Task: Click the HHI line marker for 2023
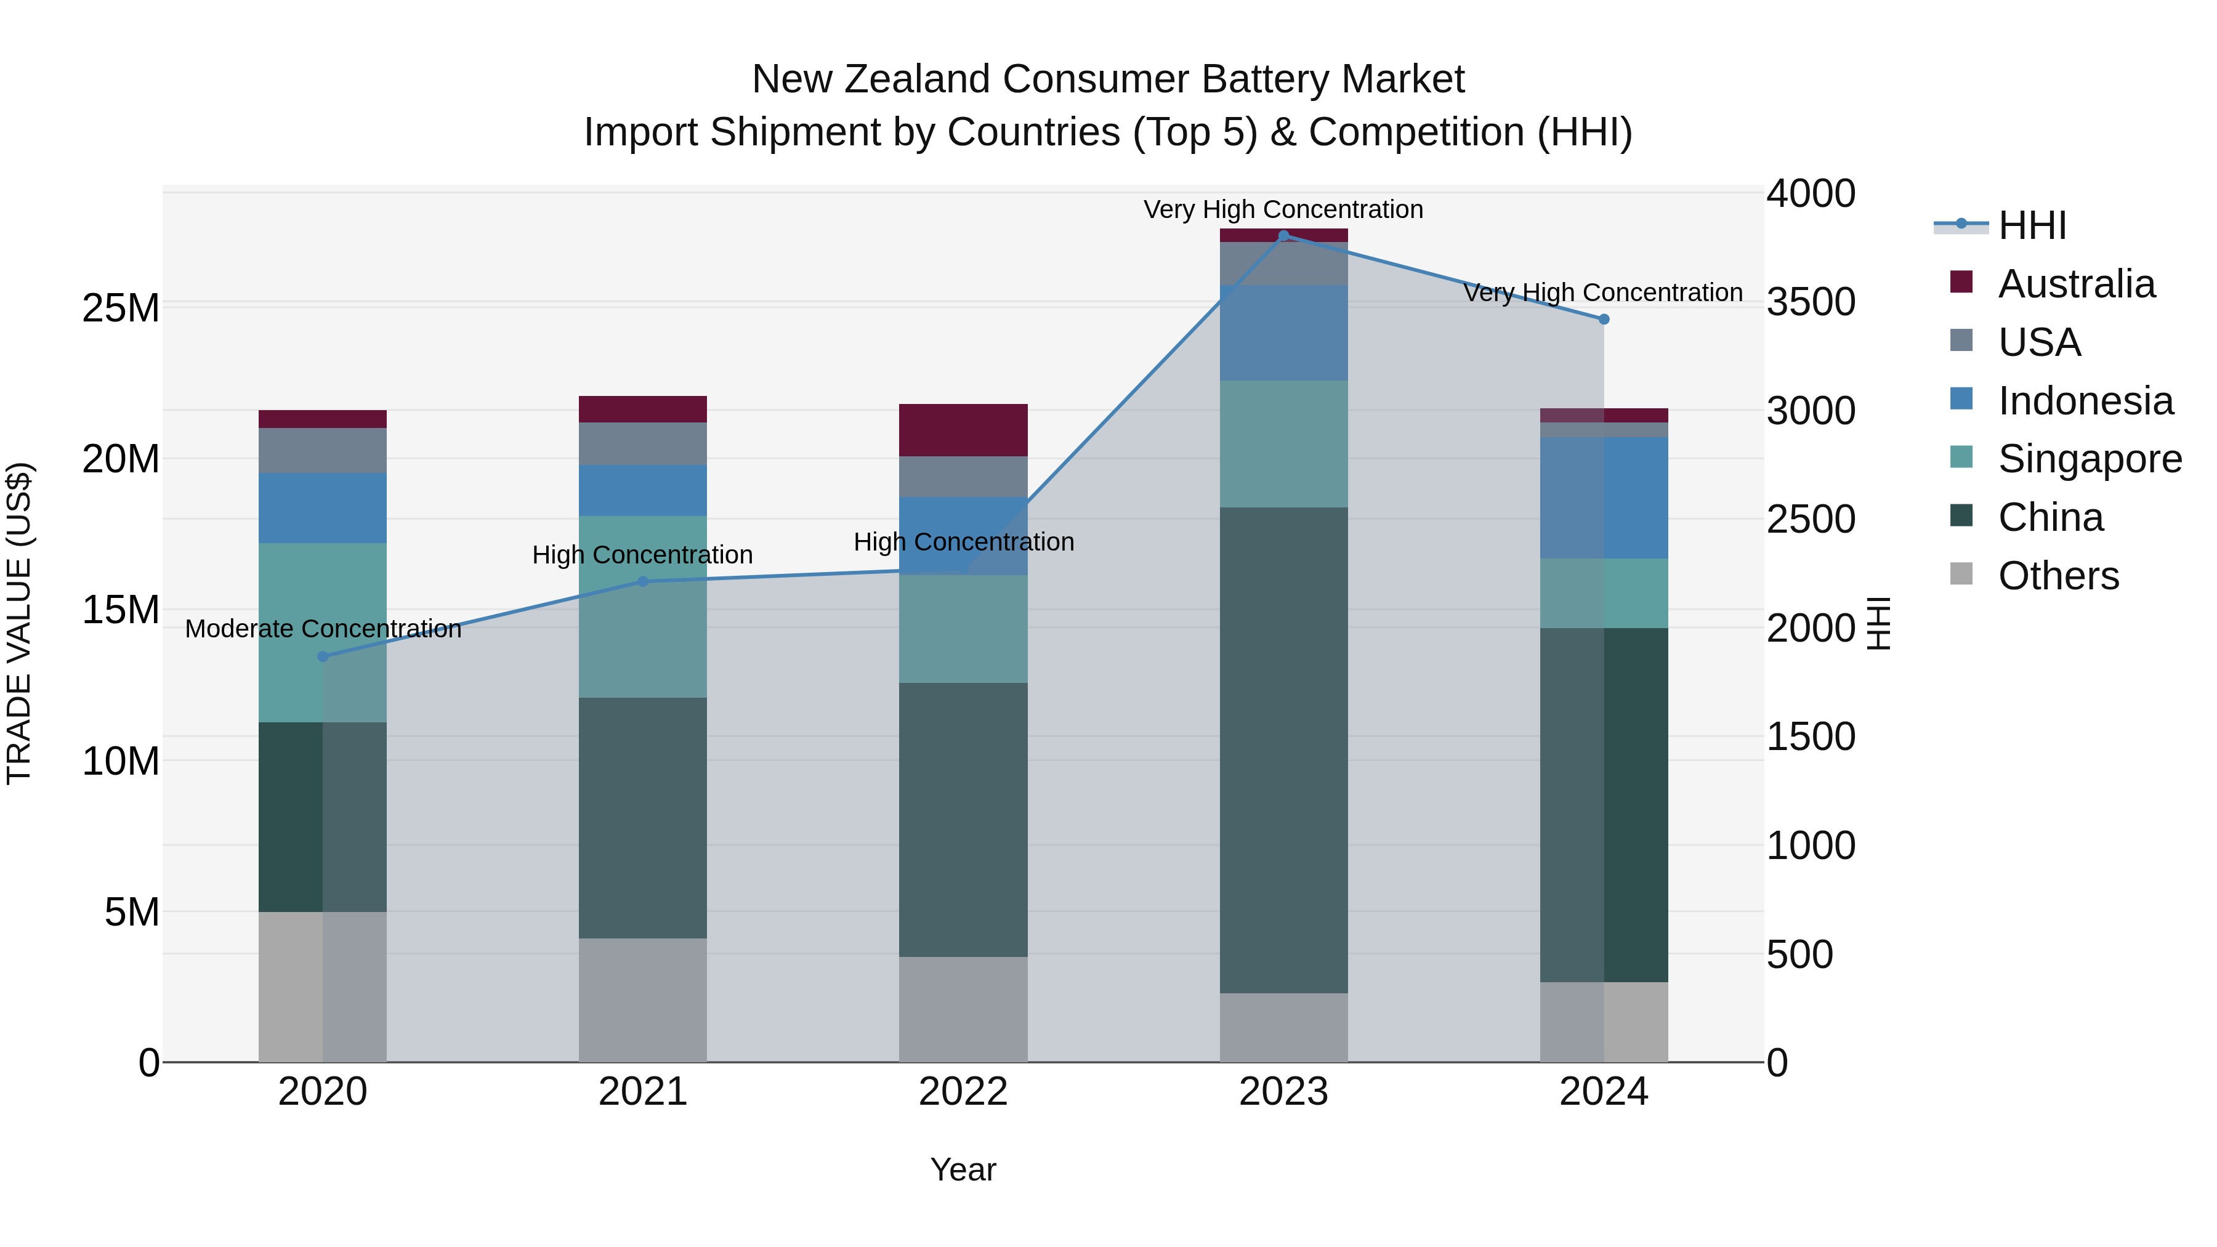coord(1283,236)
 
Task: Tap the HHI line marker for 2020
coord(323,656)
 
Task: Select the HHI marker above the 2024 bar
coord(1604,319)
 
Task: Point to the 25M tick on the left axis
coord(121,308)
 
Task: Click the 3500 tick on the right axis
coord(1811,302)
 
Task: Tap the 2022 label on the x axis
coord(963,1092)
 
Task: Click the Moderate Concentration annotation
coord(323,629)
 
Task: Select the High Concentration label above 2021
coord(642,555)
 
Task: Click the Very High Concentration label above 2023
coord(1283,210)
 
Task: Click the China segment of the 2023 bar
coord(1283,749)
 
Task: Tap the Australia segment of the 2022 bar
coord(963,430)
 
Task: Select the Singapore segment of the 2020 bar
coord(323,632)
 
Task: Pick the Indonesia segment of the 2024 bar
coord(1604,498)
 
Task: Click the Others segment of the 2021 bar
coord(642,1000)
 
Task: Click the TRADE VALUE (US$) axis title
coord(20,623)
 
